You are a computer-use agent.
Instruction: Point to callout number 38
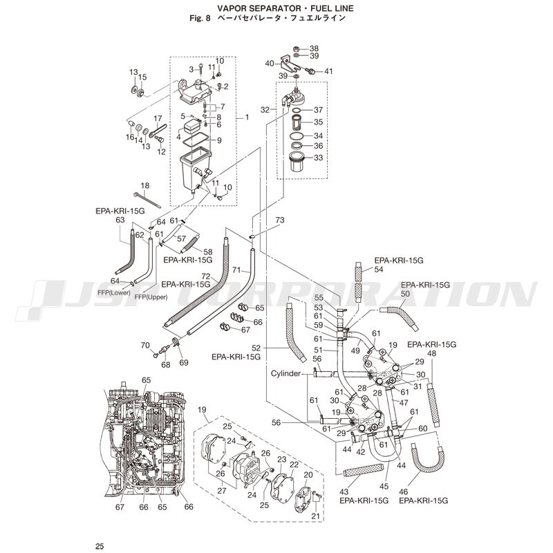coord(314,48)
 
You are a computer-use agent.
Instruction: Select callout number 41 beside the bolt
coord(328,71)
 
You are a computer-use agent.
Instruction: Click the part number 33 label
coord(318,158)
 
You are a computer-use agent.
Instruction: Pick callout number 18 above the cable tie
coord(144,185)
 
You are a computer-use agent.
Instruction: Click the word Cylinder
coord(285,373)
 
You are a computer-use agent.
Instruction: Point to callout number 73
coord(279,220)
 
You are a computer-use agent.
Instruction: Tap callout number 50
coord(424,294)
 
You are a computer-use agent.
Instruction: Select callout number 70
coord(145,345)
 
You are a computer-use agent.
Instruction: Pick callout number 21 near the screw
coord(316,516)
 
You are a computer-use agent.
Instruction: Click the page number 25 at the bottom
coord(100,547)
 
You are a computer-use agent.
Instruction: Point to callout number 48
coord(431,353)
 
